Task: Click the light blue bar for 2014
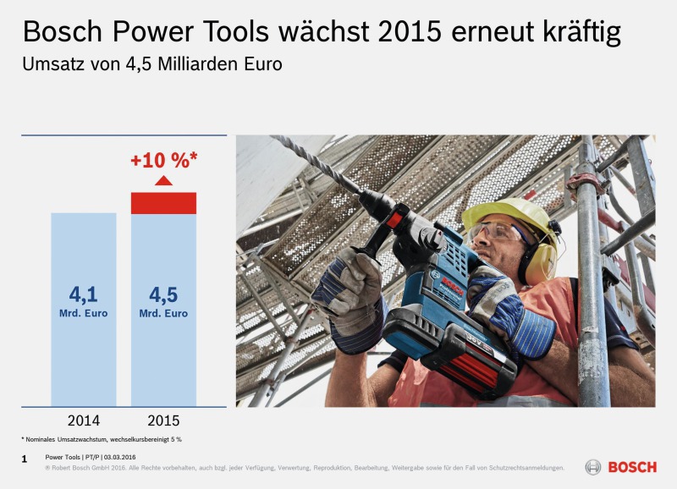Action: coord(83,310)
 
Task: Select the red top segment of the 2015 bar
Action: coord(163,203)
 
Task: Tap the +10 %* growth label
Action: coord(164,160)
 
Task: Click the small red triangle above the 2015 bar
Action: coord(163,180)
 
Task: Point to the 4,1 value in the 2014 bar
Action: coord(83,294)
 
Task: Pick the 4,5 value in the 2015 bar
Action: coord(163,294)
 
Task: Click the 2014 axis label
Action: coord(83,420)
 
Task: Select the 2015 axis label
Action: coord(163,420)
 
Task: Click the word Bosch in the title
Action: coord(63,31)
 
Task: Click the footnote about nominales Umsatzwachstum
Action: coord(102,439)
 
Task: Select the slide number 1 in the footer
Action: coord(25,459)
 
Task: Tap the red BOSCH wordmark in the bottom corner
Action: coord(632,467)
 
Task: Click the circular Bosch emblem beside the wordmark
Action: coord(593,467)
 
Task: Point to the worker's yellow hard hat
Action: coord(510,218)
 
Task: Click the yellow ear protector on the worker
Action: coord(540,261)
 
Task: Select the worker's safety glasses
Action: coord(498,231)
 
